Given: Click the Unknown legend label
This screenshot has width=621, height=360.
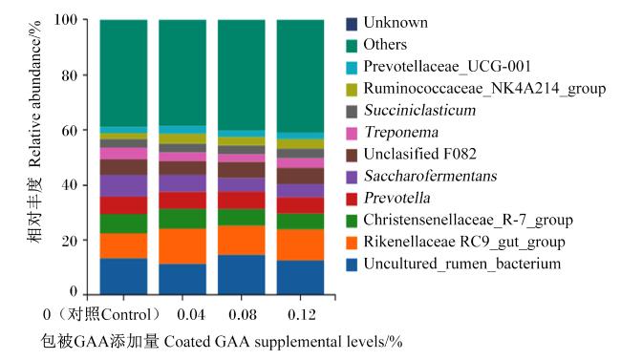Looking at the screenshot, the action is point(396,23).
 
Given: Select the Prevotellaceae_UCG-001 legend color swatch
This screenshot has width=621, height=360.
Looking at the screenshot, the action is point(352,68).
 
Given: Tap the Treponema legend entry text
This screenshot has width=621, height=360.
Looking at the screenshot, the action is point(401,133).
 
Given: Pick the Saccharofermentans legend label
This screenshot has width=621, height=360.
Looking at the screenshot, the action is point(430,176).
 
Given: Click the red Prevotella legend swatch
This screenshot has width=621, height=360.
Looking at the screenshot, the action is point(352,200).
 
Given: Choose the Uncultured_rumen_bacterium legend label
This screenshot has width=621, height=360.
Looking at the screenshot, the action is point(462,264).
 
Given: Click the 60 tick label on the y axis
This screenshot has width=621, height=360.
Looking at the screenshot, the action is point(70,130).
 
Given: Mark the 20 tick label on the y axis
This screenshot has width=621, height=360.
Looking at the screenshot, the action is point(70,241).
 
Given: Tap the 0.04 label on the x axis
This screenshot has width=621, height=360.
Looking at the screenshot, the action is point(191,315).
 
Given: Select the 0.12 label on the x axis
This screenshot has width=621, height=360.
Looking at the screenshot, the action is point(302,315).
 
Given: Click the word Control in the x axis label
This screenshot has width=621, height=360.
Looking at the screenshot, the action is point(126,315).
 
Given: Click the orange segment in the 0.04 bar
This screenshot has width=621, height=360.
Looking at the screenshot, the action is point(182,246).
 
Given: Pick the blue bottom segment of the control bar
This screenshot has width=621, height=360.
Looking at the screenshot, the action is point(123,276).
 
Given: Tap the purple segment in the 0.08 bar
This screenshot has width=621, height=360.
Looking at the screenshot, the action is point(242,184).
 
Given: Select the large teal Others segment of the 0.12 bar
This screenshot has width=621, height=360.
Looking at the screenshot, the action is point(300,76).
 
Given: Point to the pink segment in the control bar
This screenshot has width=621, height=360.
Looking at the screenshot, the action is point(123,154).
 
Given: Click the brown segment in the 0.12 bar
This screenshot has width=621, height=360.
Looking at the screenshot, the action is point(300,177).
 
